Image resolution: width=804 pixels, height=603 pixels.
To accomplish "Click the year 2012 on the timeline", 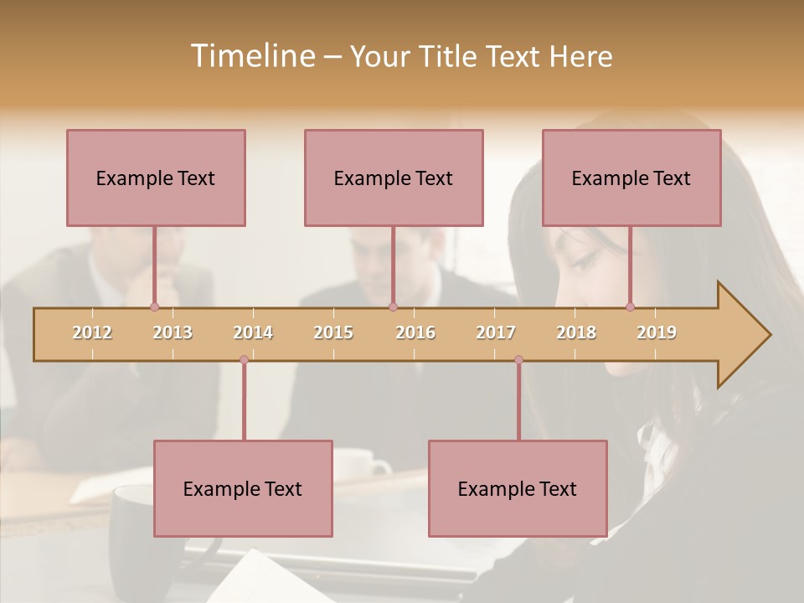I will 92,332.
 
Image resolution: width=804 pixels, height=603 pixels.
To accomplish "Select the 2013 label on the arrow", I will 173,332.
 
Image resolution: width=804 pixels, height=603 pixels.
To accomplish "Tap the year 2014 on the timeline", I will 253,332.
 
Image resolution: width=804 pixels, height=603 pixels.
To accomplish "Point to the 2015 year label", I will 333,332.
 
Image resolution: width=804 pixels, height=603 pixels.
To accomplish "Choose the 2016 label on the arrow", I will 415,332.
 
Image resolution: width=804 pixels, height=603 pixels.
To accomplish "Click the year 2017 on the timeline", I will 496,332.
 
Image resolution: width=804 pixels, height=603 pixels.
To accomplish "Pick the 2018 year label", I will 576,332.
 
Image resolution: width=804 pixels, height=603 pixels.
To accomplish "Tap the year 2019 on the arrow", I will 657,332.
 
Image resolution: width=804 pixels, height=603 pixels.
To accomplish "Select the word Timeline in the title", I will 251,56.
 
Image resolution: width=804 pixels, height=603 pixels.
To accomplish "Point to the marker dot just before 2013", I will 154,307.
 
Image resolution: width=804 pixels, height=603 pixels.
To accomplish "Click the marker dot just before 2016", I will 394,307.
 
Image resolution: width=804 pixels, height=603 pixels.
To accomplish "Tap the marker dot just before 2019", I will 631,307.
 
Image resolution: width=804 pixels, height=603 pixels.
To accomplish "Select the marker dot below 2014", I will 244,360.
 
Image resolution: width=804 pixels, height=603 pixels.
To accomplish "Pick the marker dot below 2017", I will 518,360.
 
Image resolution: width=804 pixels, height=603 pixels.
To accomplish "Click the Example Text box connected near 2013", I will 156,178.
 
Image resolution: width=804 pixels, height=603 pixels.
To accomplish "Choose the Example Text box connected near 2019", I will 631,178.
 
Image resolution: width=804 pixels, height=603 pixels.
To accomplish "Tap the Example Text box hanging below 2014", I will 243,488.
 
